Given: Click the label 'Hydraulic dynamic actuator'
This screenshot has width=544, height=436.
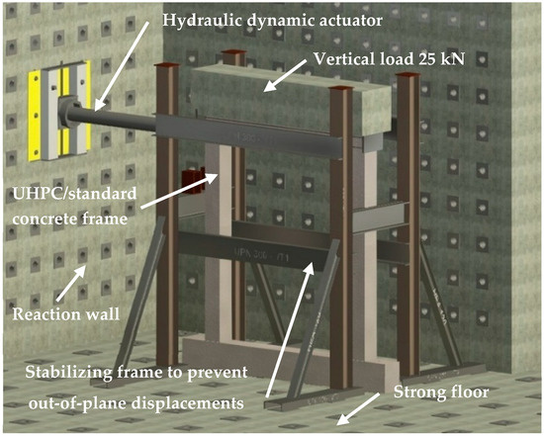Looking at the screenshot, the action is [x=272, y=21].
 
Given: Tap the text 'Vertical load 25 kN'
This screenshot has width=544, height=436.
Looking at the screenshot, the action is [x=389, y=59].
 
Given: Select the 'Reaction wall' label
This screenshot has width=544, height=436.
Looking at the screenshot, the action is [x=66, y=314].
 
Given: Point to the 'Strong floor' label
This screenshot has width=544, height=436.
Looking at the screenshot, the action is [x=441, y=392].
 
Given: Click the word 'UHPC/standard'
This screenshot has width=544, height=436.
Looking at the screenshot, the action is [x=74, y=194].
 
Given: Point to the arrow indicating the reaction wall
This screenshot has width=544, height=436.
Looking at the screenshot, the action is [x=71, y=284].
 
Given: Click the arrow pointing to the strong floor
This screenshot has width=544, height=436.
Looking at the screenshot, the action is [x=358, y=409].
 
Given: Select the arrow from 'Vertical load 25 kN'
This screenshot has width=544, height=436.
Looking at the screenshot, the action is [x=285, y=75].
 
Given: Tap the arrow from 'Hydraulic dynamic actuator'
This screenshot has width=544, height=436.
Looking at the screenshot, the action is [x=122, y=65].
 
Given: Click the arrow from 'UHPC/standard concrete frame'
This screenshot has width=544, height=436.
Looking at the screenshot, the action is [x=179, y=191].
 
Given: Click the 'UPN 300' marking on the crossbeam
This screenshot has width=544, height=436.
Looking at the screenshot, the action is [x=263, y=255].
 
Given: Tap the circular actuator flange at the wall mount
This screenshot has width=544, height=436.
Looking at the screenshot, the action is [x=66, y=112].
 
